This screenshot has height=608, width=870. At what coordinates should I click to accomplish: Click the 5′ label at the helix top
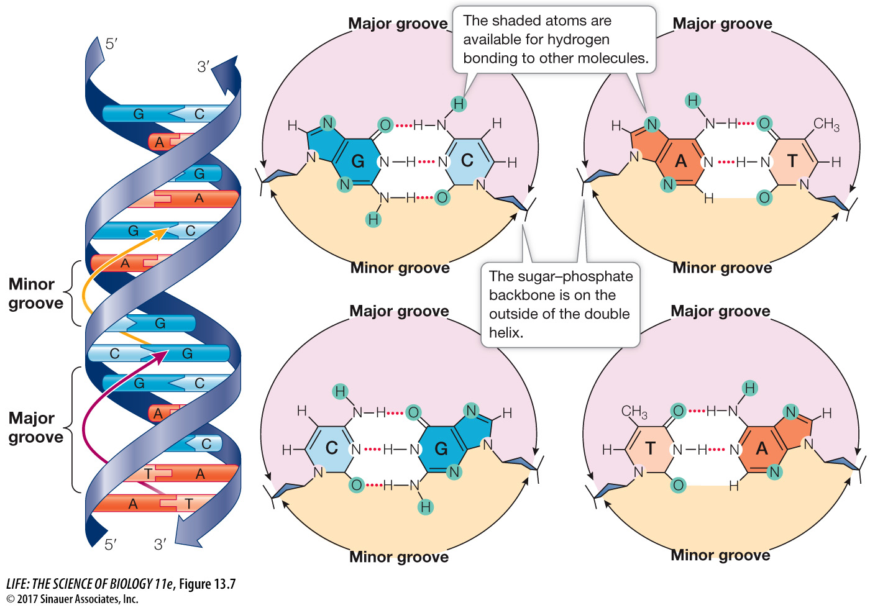click(111, 43)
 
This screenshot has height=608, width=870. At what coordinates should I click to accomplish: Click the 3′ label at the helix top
click(203, 66)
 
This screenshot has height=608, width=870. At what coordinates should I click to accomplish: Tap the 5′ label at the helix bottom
click(111, 545)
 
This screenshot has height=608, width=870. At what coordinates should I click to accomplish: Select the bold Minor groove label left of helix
click(35, 294)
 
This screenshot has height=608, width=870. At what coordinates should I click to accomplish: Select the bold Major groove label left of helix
click(35, 427)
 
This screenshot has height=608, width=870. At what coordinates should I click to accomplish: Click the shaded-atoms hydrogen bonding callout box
click(555, 40)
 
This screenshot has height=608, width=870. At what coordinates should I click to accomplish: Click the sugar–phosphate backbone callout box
click(560, 304)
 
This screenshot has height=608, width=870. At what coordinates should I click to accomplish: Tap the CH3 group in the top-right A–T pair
click(826, 124)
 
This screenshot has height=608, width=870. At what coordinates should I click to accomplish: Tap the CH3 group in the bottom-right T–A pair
click(634, 412)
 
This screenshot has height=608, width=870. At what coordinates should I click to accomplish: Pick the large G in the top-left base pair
click(358, 161)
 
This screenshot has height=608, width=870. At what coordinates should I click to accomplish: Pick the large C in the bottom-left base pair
click(332, 448)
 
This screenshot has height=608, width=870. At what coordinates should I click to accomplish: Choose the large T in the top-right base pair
click(792, 161)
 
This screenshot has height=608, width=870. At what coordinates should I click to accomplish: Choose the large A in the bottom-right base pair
click(762, 448)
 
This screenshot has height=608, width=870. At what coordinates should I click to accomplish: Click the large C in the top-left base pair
click(467, 161)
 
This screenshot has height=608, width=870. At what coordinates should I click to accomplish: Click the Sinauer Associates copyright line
click(72, 599)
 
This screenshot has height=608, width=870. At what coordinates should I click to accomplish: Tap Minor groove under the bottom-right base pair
click(720, 555)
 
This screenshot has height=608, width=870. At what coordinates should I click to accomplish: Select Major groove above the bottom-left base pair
click(399, 311)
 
